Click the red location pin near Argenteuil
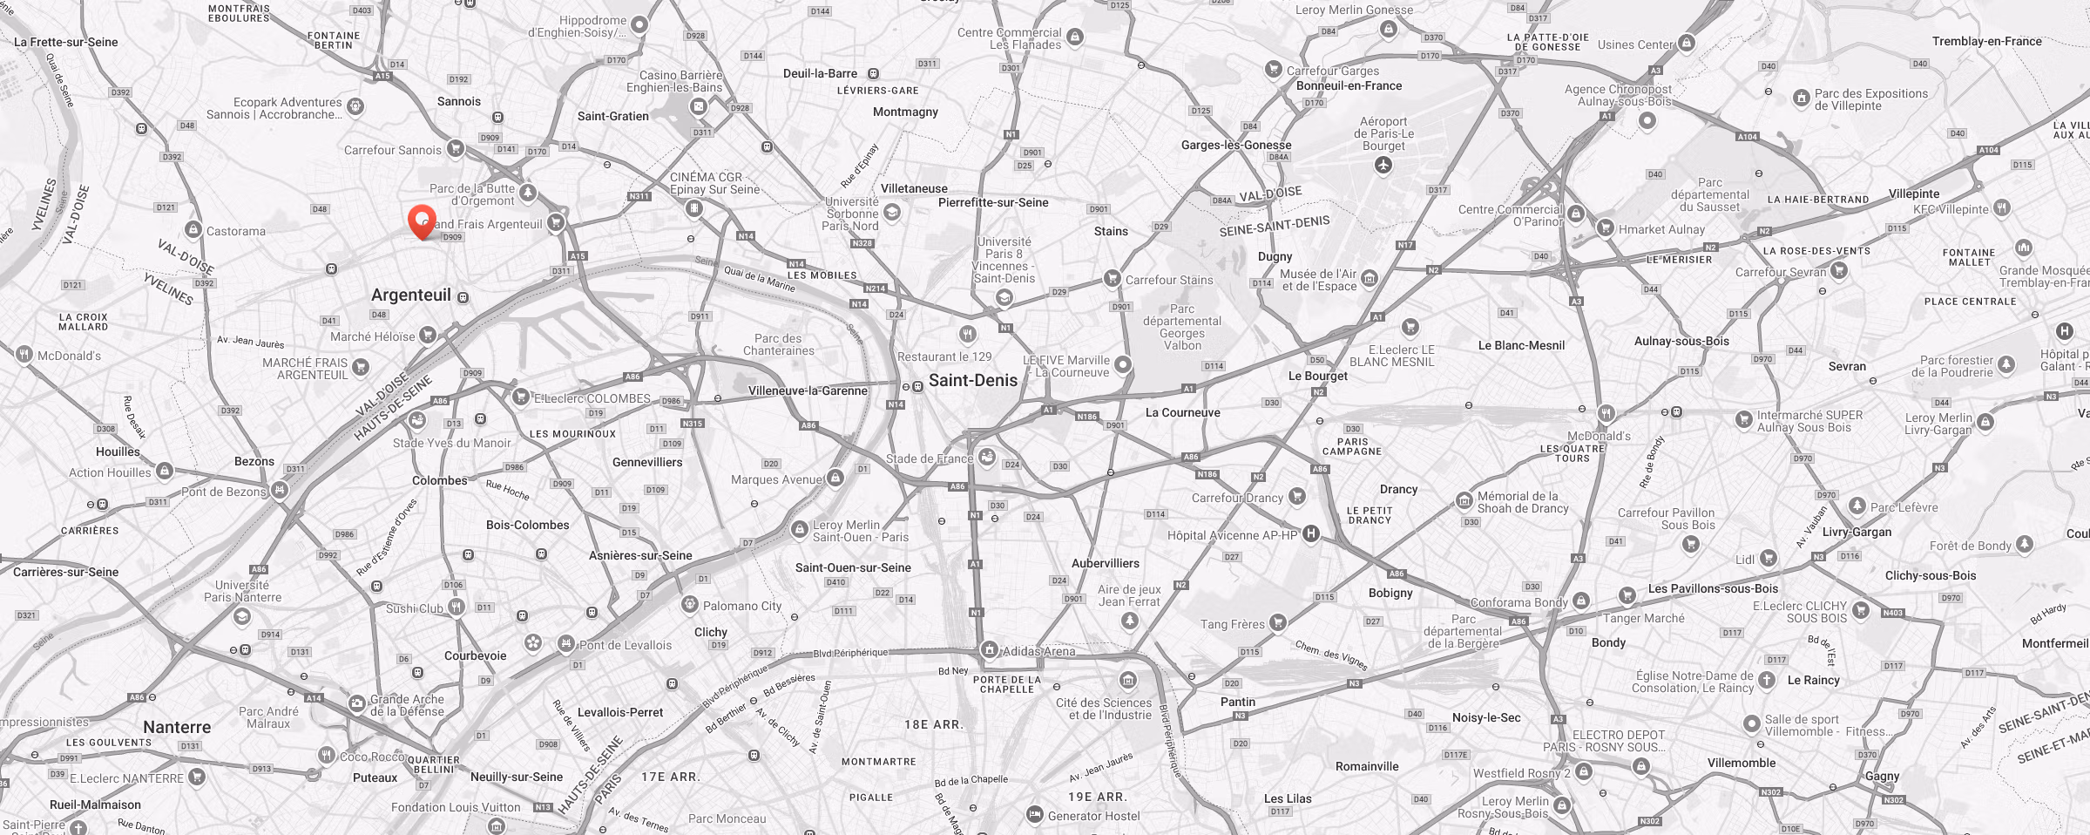422,219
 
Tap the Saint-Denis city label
972,380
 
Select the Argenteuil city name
411,295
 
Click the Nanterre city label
177,727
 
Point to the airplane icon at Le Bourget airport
1383,166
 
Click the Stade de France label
929,458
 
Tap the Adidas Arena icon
989,649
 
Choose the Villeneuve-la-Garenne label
808,390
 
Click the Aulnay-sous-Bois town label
1681,341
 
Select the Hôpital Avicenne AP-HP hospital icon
1310,534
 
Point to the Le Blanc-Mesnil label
1521,345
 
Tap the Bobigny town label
1390,593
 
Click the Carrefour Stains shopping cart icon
1112,279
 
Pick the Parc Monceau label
727,818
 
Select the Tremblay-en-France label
1986,41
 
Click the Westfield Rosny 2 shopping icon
1584,771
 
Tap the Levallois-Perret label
620,712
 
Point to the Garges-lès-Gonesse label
1236,145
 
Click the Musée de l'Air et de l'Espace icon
1370,279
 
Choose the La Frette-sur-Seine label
65,42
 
